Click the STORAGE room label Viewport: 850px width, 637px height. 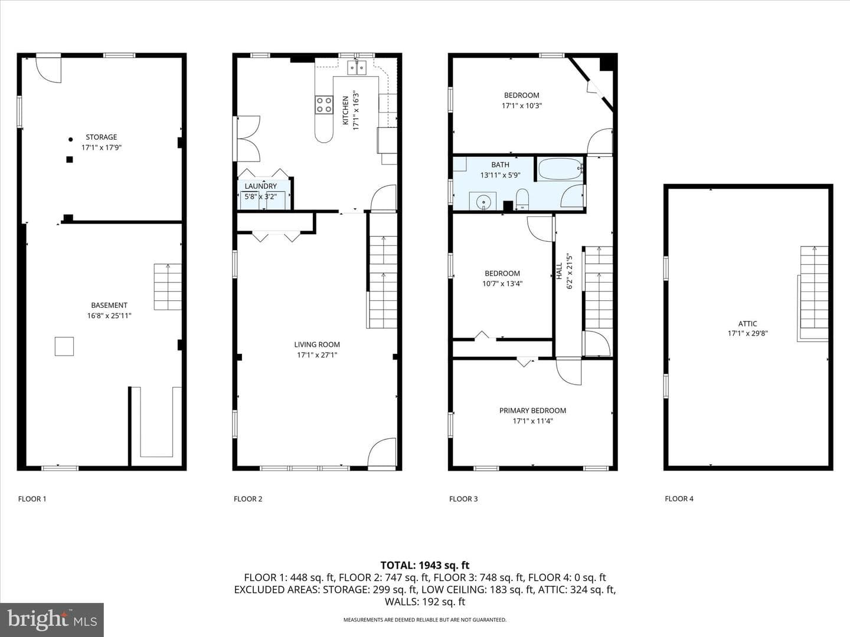click(101, 137)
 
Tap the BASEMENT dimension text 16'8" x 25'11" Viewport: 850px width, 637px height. click(109, 316)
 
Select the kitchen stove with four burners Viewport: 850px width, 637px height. click(324, 105)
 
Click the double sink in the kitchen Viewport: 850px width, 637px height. click(357, 68)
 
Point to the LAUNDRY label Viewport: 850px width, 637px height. click(261, 186)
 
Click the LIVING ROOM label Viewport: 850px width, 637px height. click(317, 344)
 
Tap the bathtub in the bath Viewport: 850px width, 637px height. click(560, 169)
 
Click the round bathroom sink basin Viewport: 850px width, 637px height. click(483, 202)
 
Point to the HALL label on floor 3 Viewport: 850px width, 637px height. click(559, 271)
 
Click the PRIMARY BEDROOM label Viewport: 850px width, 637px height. click(532, 411)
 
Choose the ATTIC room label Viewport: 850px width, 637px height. click(747, 324)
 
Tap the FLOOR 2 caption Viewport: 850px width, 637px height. click(248, 499)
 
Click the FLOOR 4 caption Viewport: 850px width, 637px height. click(679, 498)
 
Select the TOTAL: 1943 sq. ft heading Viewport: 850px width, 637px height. click(425, 566)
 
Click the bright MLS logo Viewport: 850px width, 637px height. click(52, 619)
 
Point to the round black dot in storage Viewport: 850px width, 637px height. click(70, 140)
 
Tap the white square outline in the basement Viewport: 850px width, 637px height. click(64, 346)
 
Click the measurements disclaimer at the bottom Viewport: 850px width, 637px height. click(425, 619)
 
